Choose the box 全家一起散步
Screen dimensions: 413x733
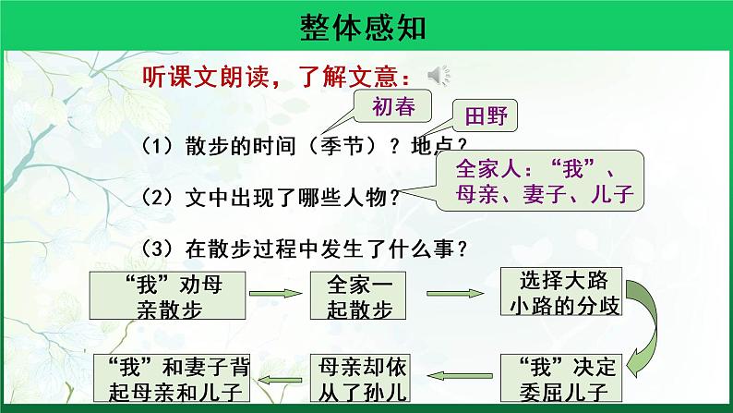pos(354,293)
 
